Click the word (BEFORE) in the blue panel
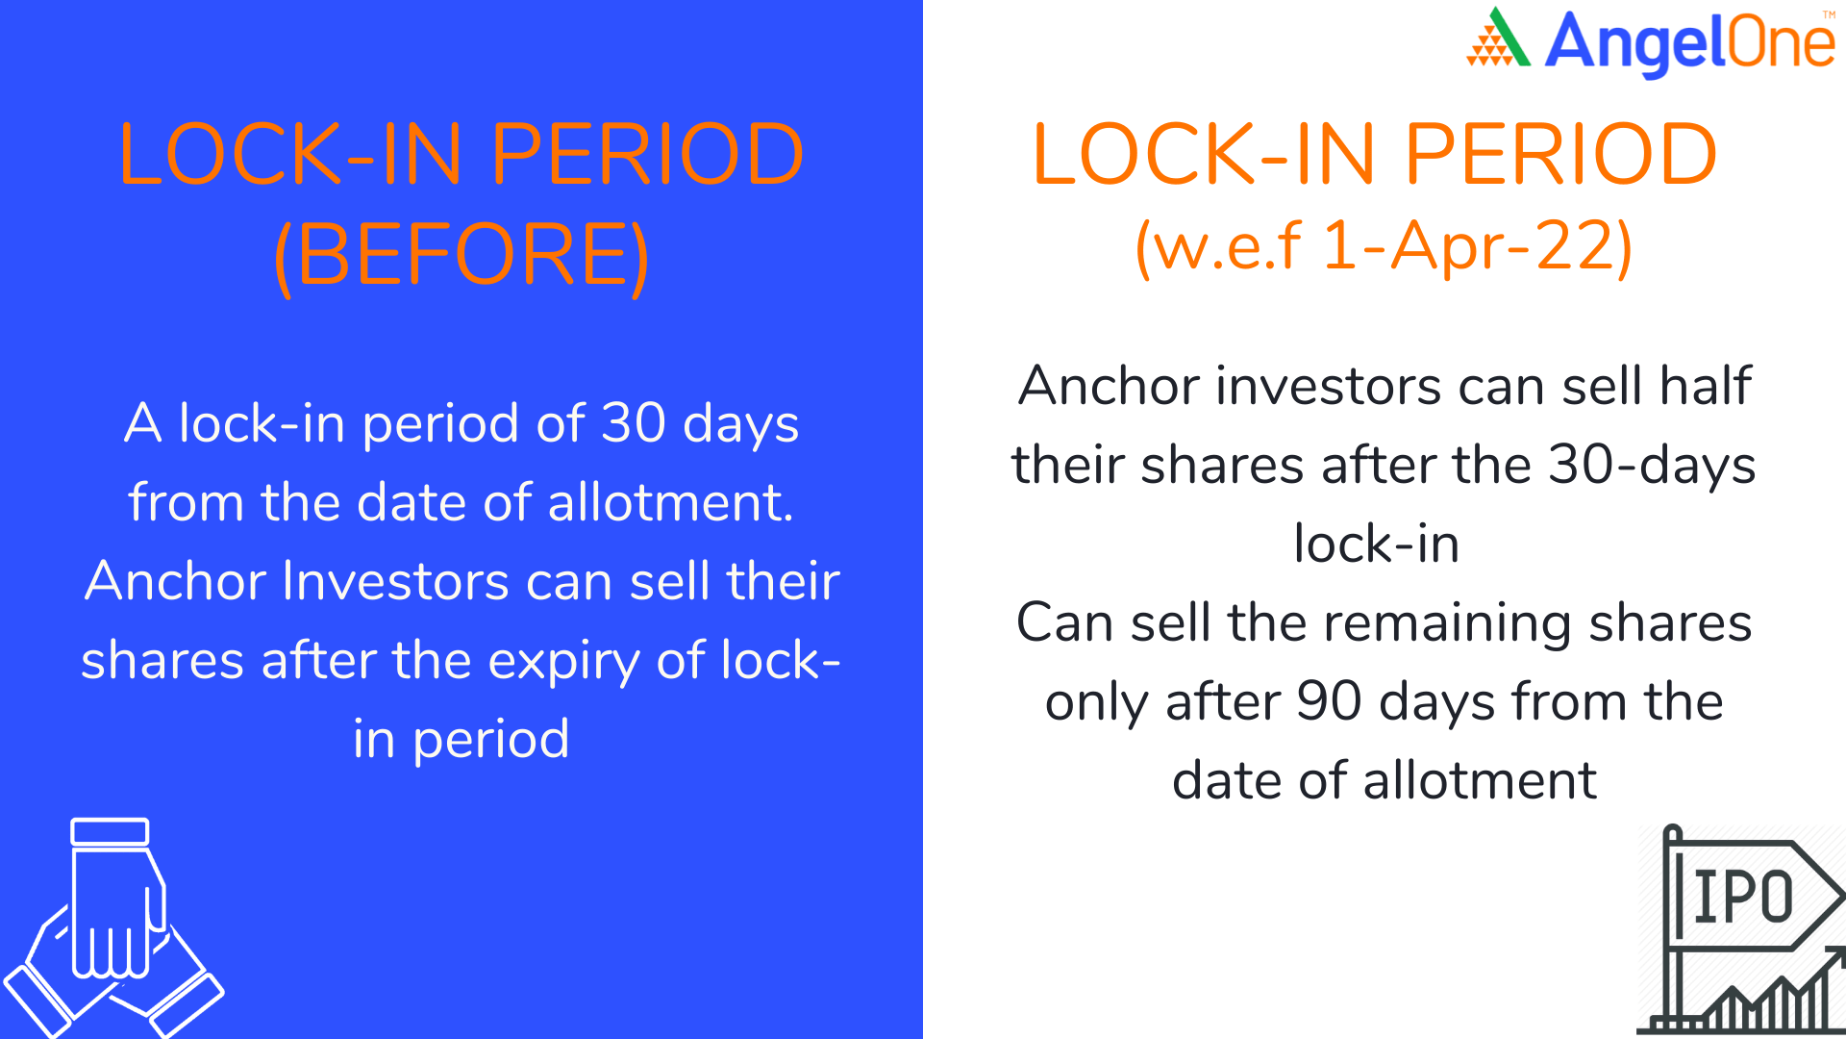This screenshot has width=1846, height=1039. [461, 256]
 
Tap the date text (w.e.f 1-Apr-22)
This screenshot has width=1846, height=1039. [1384, 246]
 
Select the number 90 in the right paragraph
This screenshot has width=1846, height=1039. [1329, 701]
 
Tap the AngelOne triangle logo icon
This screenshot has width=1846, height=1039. [1498, 38]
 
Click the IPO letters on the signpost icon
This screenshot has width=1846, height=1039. [1743, 897]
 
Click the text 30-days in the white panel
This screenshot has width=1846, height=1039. [1652, 466]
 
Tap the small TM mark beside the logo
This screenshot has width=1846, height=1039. [1829, 14]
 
